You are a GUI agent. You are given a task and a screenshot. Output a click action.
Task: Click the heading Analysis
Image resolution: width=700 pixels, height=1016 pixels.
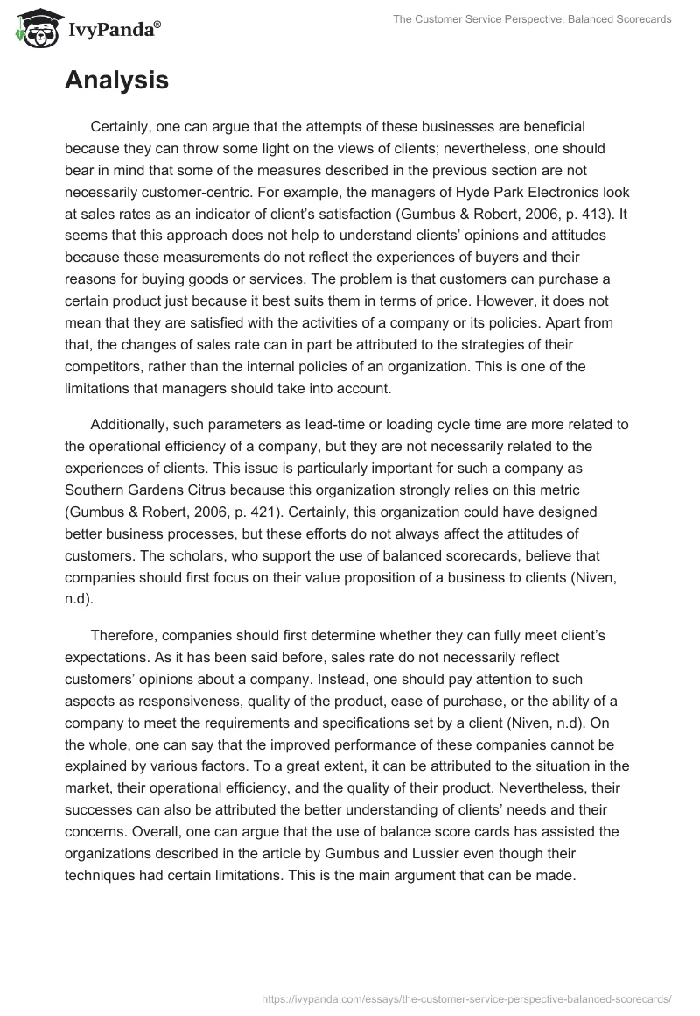116,81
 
